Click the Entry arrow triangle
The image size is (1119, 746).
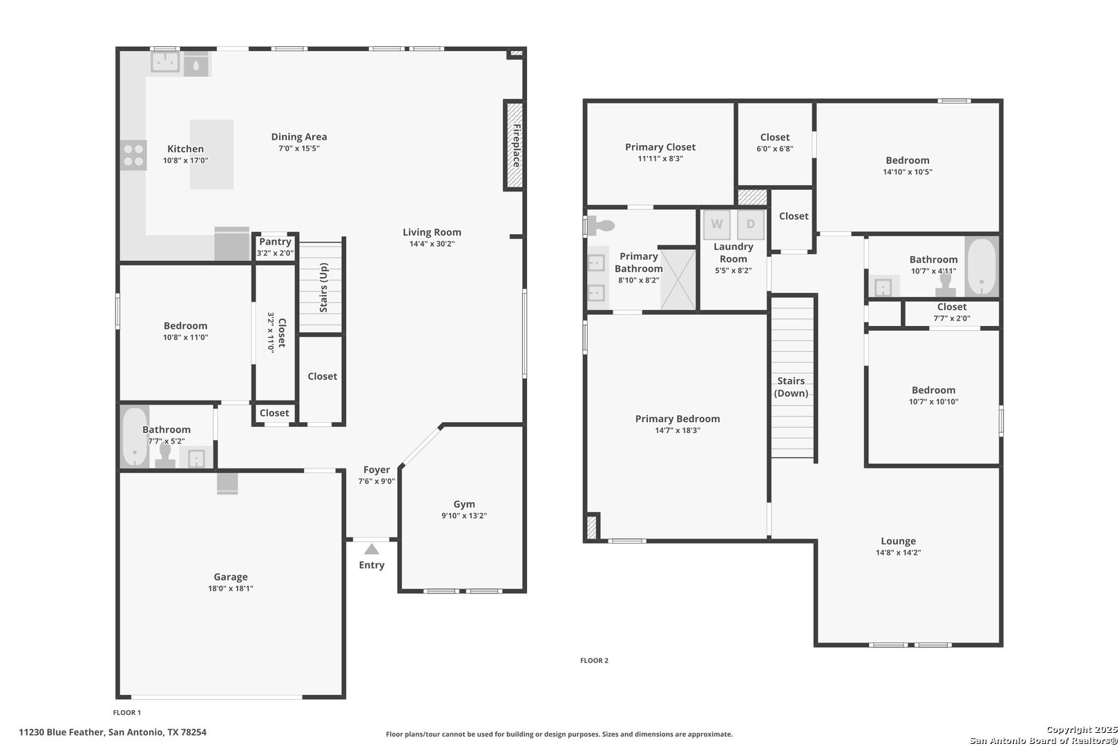coord(371,549)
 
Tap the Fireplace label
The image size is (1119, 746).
coord(517,146)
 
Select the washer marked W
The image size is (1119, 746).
coord(717,224)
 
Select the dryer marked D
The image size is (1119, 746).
coord(750,224)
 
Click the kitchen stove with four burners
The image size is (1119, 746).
coord(133,155)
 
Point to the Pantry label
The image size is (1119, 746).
coord(275,241)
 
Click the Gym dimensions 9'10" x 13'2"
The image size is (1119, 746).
coord(464,516)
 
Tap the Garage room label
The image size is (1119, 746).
coord(231,577)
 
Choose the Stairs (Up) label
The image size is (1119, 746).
coord(324,288)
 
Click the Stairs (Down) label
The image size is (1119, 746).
coord(791,387)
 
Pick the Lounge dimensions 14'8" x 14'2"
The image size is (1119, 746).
coord(898,553)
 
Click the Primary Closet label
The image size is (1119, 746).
coord(660,147)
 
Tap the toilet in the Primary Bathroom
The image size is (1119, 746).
coord(601,226)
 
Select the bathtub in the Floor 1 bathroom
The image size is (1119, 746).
coord(135,437)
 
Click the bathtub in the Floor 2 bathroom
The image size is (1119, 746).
coord(982,267)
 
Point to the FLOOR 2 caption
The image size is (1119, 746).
coord(594,660)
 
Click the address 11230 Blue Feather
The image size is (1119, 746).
coord(62,732)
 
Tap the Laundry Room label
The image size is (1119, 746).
coord(734,252)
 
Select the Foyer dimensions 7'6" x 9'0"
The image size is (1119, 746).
coord(376,481)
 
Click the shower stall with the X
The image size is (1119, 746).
coord(678,279)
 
